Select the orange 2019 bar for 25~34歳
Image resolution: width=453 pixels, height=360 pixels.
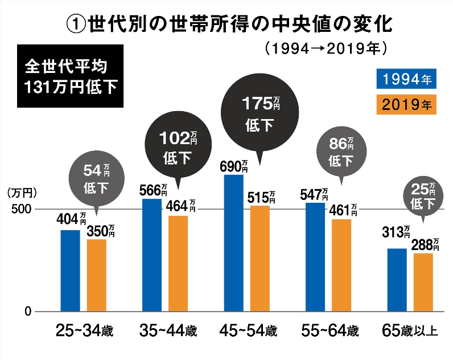click(96, 276)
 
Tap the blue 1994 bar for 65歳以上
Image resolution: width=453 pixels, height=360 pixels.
click(397, 280)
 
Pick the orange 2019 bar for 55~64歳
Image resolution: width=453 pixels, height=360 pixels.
click(341, 265)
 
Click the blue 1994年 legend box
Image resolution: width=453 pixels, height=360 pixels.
click(406, 79)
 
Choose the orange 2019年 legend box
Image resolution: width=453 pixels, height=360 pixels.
click(406, 104)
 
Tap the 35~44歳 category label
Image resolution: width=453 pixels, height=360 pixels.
click(168, 330)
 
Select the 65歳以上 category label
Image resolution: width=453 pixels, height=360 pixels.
click(409, 330)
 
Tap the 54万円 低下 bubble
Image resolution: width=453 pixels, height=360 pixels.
click(96, 177)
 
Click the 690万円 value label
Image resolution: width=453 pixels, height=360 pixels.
click(234, 166)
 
